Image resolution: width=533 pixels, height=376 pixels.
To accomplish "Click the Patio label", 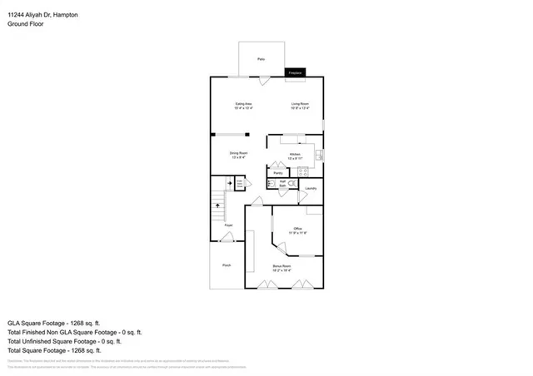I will coord(261,59).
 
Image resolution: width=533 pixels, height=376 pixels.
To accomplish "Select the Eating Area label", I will coord(243,104).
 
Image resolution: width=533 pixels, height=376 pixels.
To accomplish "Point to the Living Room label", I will coord(300,104).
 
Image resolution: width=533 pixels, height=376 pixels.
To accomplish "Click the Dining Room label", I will coord(240,153).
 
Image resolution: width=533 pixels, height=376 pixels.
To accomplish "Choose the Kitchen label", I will coord(295,155).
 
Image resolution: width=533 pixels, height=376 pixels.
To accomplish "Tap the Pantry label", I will coord(277,173).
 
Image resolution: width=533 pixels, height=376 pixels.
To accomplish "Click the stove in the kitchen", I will coord(302,172).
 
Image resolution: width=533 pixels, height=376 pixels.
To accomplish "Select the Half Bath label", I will coord(283,183).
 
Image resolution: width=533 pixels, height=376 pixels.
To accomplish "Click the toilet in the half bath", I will coord(271,183).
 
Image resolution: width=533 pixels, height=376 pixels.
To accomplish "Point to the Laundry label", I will coord(310,188).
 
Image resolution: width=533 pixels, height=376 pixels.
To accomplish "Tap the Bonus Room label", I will coord(282,266).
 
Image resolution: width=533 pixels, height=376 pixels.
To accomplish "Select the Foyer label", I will coord(227,225).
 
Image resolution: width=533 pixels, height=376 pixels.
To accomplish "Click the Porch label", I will coord(226,265).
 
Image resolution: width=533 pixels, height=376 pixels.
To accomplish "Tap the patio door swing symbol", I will coord(264,80).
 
